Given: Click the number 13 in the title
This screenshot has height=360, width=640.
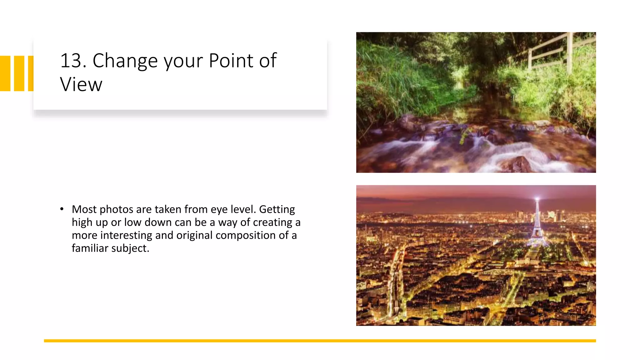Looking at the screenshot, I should pyautogui.click(x=73, y=61).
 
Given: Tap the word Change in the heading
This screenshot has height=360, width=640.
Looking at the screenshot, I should pyautogui.click(x=125, y=61).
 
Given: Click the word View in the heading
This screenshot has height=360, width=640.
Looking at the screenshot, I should pyautogui.click(x=81, y=85).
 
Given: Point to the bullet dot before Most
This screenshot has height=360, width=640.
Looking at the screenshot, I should pyautogui.click(x=62, y=209).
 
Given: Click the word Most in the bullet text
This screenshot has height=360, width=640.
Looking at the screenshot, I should pyautogui.click(x=84, y=209).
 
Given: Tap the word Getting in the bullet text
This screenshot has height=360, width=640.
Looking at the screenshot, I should pyautogui.click(x=277, y=209).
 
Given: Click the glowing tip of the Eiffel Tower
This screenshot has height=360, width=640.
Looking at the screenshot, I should pyautogui.click(x=537, y=199).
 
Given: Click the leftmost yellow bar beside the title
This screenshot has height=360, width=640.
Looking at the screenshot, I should pyautogui.click(x=5, y=73).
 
